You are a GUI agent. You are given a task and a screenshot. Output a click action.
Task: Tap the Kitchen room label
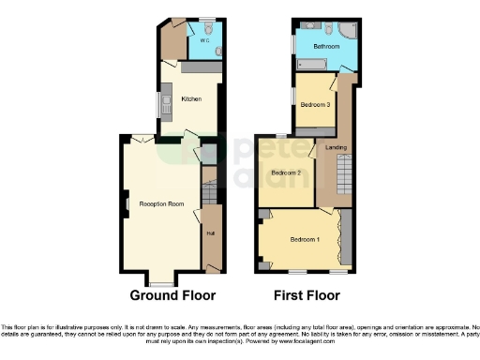click(191, 98)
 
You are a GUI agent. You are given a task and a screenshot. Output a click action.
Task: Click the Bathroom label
click(325, 46)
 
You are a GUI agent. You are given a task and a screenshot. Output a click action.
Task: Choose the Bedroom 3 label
click(314, 105)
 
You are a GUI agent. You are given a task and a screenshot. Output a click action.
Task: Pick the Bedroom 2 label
click(286, 173)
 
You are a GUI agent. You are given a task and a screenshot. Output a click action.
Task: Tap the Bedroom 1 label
click(304, 240)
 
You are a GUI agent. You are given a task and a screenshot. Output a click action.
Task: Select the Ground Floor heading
click(172, 294)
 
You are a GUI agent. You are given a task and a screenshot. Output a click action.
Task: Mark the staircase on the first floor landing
click(343, 173)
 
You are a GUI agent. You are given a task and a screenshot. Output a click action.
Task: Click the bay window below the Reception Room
click(162, 279)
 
